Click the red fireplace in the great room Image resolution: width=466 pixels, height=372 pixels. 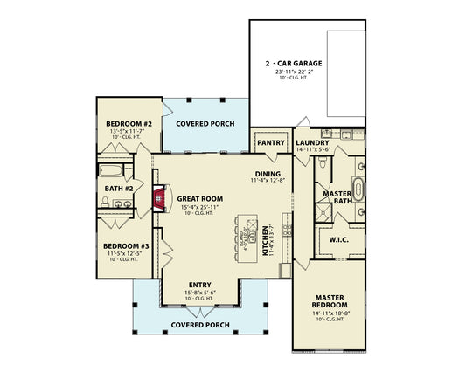pos(158,199)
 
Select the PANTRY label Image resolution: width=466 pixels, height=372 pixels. pos(266,141)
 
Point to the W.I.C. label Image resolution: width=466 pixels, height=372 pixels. pos(339,238)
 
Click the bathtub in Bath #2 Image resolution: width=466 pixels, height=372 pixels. pos(111,170)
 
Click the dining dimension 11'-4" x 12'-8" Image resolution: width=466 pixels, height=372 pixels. pos(268,181)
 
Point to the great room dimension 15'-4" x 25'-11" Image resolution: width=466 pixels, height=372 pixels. pos(200,208)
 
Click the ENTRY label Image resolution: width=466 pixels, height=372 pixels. pos(199,284)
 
